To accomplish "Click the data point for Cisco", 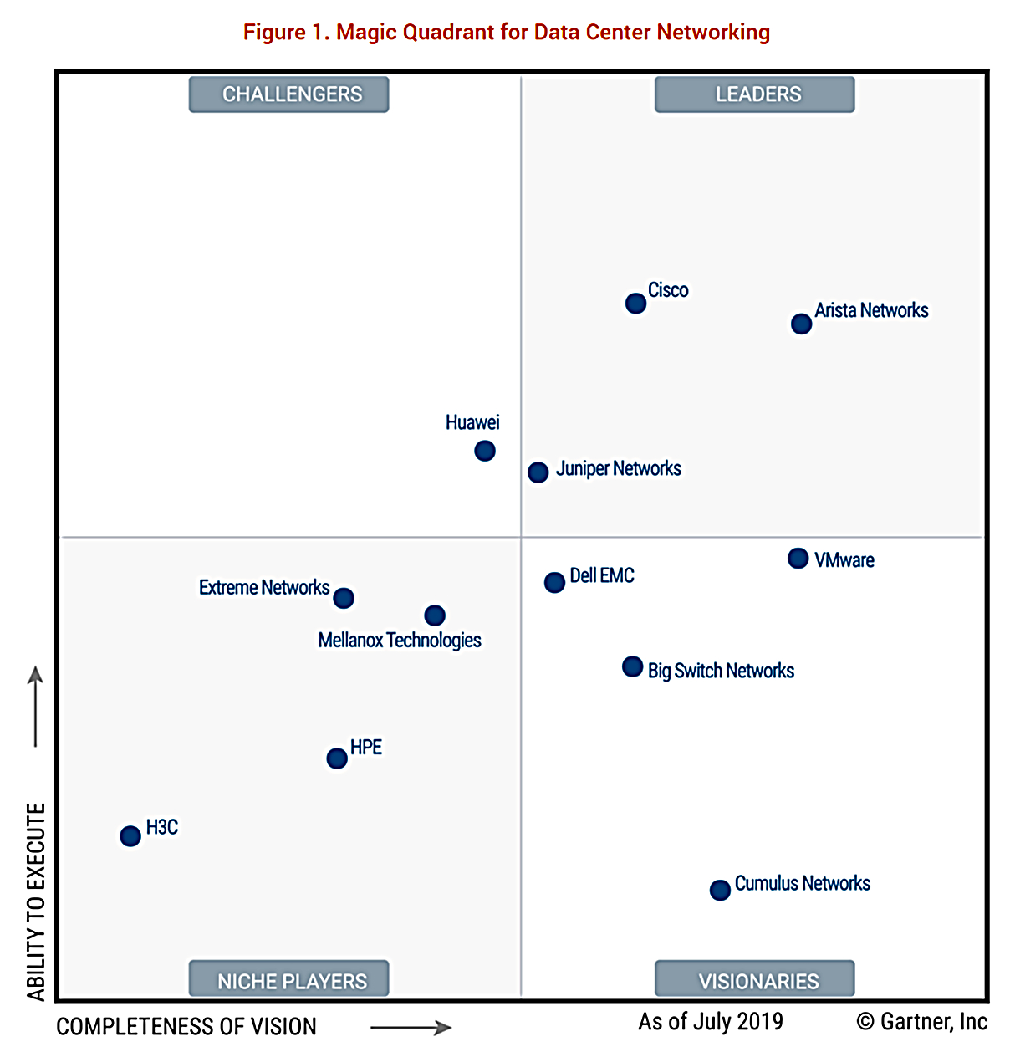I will (x=635, y=304).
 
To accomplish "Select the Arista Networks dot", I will (x=801, y=324).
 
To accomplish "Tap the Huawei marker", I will (x=485, y=451).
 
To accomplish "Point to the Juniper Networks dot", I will (x=538, y=472).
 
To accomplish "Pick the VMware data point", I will (x=798, y=558).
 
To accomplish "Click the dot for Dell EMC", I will (x=554, y=582).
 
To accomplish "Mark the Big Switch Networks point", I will (x=633, y=666).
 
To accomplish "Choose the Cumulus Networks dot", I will (x=720, y=890).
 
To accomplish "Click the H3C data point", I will (x=130, y=835).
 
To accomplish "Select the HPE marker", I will (x=337, y=758).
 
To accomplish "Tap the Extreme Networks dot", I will (x=344, y=598).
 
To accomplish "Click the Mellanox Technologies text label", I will (x=400, y=641).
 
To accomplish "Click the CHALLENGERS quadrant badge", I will (x=289, y=94).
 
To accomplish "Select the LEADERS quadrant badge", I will (x=755, y=94).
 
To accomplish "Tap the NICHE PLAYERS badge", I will (x=289, y=980).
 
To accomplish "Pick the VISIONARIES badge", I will (x=755, y=980).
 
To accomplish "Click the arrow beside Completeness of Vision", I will (x=411, y=1028).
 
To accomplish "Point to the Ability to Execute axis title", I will (x=36, y=901).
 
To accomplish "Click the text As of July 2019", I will (x=711, y=1022).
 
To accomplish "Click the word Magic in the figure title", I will (x=366, y=33).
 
